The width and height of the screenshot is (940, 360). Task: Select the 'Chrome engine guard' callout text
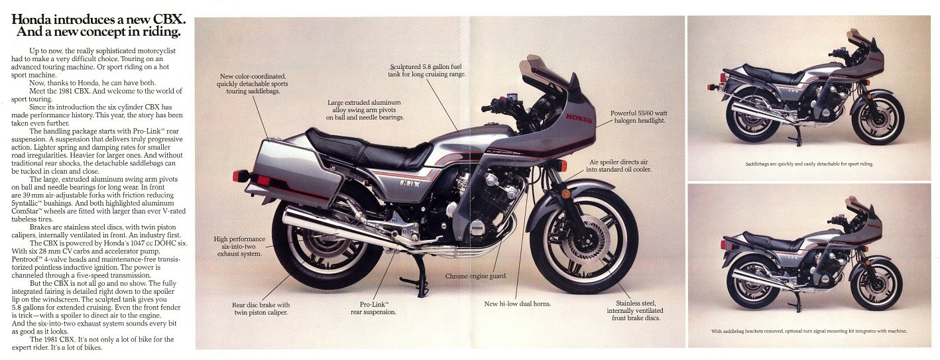476,276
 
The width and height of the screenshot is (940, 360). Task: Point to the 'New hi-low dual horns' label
517,304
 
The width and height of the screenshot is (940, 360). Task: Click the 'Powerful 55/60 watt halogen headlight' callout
638,117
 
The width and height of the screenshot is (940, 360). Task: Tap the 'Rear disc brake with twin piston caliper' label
261,308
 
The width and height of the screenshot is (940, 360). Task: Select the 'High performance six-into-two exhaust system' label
239,246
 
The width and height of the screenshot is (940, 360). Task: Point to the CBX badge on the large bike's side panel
411,182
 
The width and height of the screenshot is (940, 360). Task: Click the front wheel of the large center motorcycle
583,242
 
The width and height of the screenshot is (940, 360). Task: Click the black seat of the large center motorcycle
368,149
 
